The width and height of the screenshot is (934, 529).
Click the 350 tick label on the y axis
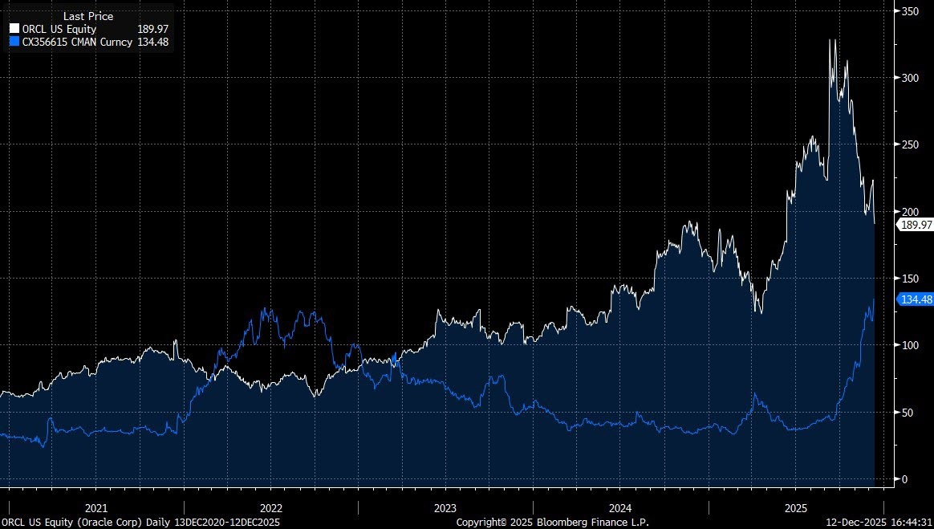(910, 11)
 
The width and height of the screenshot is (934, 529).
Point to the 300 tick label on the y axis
(910, 78)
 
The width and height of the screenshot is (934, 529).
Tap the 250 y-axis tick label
(910, 144)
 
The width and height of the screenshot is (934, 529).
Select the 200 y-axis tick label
(910, 211)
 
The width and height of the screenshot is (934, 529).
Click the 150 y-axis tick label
(910, 279)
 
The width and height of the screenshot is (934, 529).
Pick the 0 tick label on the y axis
(904, 479)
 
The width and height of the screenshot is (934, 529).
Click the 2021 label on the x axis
(96, 508)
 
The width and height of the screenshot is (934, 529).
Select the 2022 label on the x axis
(271, 508)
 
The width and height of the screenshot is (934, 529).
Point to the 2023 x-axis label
(445, 508)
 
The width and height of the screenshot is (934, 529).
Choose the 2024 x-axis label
(620, 508)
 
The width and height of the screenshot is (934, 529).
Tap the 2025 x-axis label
(795, 508)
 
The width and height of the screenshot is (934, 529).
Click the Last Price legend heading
(88, 16)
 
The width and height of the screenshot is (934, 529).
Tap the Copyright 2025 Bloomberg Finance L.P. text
(552, 522)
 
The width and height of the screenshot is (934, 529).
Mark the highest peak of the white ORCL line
(831, 39)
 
